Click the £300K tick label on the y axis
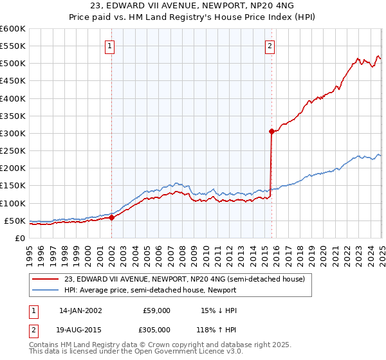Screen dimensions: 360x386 (x=12, y=133)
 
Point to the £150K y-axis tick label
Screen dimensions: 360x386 (x=12, y=186)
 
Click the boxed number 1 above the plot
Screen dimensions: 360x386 (x=111, y=46)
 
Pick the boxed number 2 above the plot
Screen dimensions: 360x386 (x=270, y=46)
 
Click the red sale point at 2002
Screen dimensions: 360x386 (x=112, y=217)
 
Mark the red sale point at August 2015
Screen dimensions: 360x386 (x=271, y=131)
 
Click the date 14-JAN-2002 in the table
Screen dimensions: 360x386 (x=80, y=310)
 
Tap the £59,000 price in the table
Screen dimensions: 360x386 (x=156, y=310)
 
